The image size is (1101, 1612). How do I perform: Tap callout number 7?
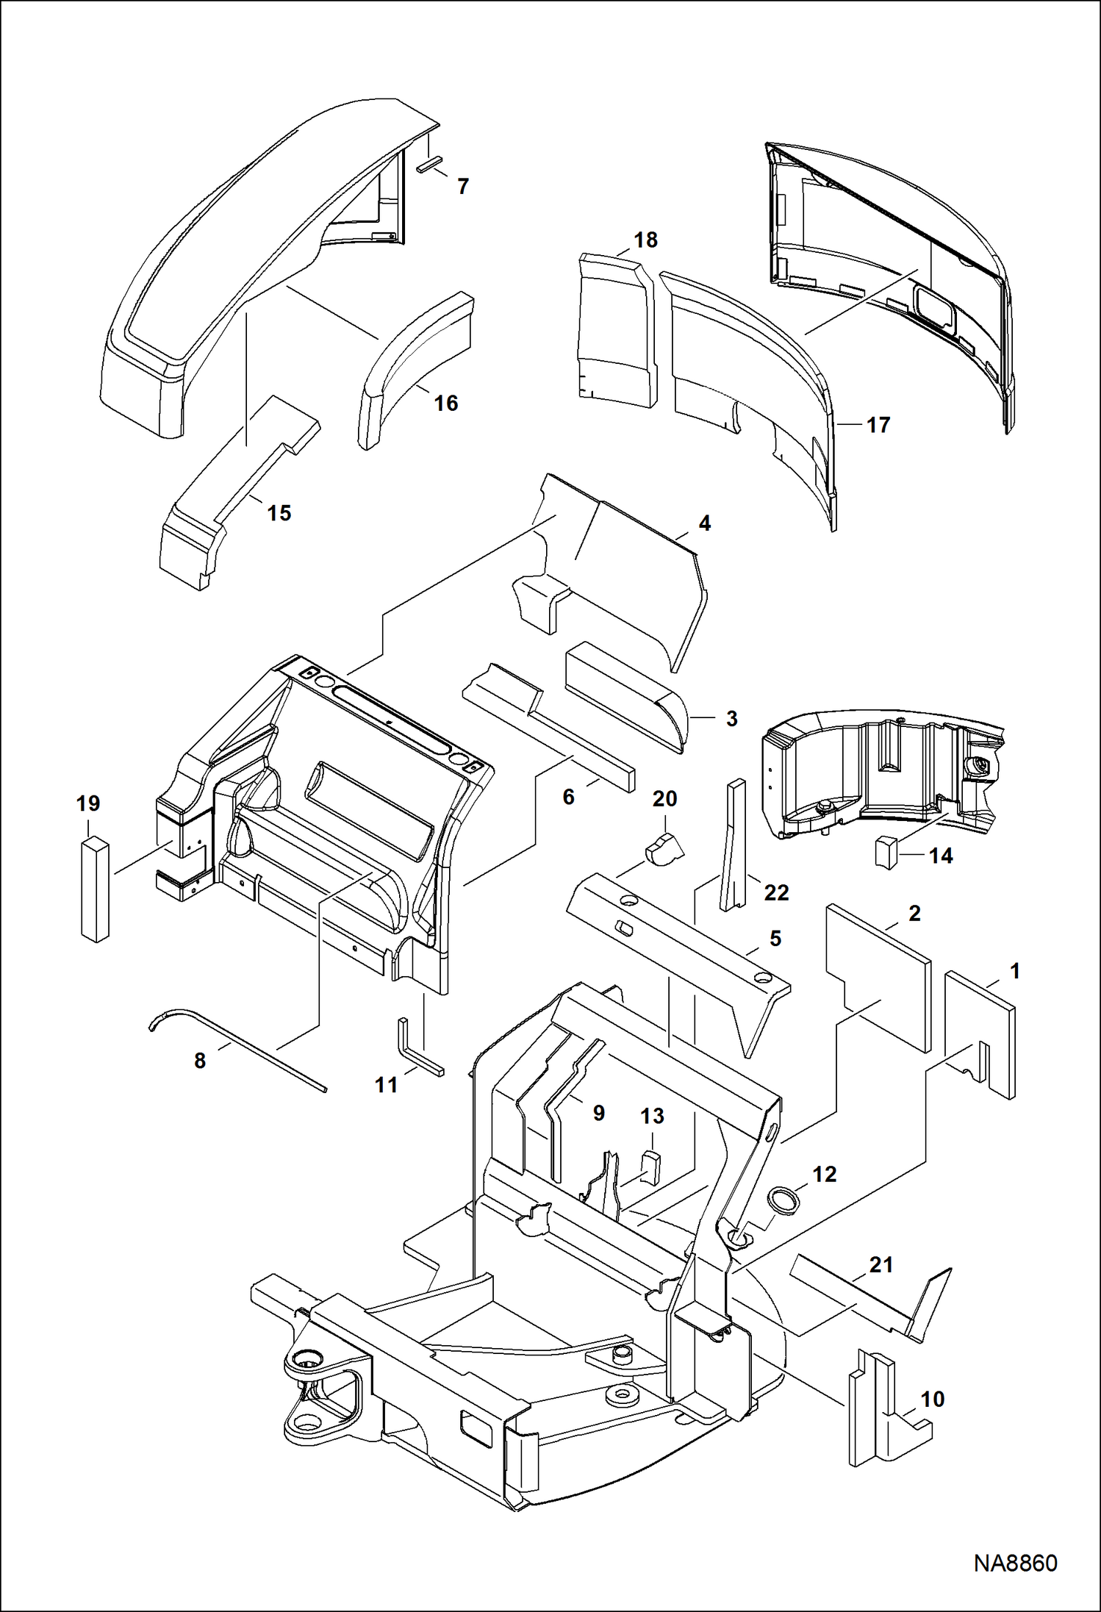coord(463,187)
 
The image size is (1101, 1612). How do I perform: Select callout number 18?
coord(645,240)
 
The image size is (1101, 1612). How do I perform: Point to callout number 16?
coord(446,403)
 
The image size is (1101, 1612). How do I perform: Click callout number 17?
coord(878,425)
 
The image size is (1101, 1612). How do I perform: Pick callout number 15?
coord(279,513)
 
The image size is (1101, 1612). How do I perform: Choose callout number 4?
coord(705,523)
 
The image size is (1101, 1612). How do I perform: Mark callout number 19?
coord(88,803)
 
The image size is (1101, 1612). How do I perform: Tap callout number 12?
coord(825,1174)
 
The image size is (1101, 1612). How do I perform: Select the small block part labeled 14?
coord(885,852)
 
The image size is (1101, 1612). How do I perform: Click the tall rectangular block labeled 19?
coord(94,889)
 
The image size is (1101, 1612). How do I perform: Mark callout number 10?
coord(933,1399)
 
